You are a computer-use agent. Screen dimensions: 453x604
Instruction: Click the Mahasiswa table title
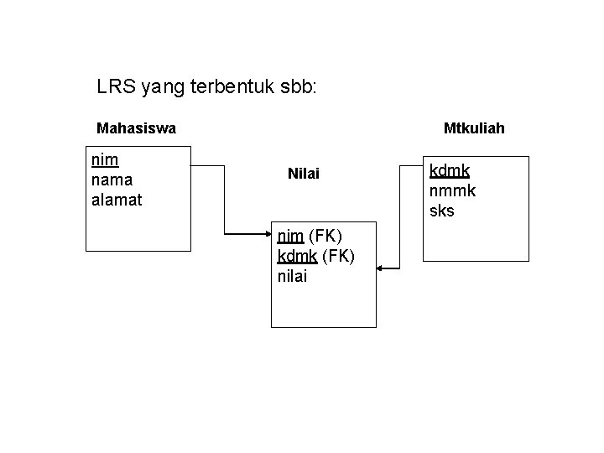coord(136,128)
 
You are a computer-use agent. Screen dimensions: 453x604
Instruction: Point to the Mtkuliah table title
coord(474,128)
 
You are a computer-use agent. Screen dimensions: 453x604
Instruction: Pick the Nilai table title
coord(304,174)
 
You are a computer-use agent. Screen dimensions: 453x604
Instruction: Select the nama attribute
coord(110,180)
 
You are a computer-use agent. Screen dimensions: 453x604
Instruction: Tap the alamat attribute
coord(117,200)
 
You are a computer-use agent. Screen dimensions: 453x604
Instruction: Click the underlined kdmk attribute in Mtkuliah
coord(450,171)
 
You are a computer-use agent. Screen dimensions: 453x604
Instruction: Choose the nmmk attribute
coord(452,191)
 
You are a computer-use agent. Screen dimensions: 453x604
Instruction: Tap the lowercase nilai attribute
coord(292,276)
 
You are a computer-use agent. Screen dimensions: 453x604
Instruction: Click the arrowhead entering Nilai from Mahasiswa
coord(266,236)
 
